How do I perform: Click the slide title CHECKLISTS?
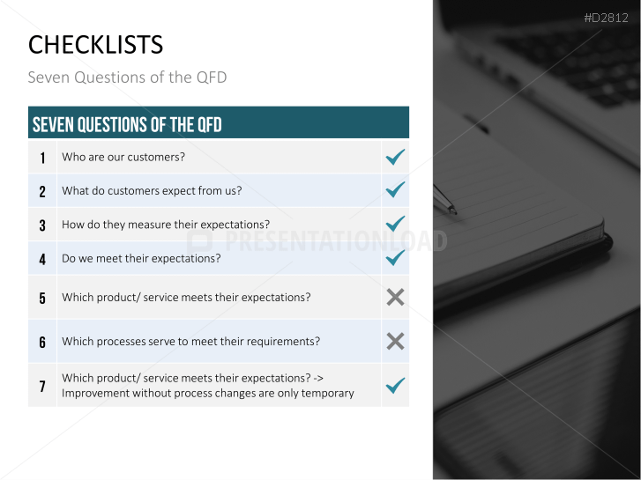click(95, 45)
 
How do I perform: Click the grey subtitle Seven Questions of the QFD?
click(127, 78)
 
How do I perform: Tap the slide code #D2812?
click(606, 18)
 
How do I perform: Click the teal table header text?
click(127, 124)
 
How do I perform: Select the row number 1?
click(42, 159)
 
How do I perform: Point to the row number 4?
click(42, 260)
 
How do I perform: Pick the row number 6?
click(42, 343)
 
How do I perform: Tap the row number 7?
click(42, 387)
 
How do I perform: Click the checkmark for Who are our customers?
click(395, 157)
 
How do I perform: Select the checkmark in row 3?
click(395, 224)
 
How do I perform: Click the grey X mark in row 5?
click(395, 297)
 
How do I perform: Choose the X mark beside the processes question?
click(395, 341)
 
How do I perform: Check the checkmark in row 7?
click(395, 385)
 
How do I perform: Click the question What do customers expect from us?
click(152, 191)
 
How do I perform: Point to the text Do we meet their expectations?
click(141, 258)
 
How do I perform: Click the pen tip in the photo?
click(452, 211)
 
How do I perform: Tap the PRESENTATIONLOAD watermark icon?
click(200, 241)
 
